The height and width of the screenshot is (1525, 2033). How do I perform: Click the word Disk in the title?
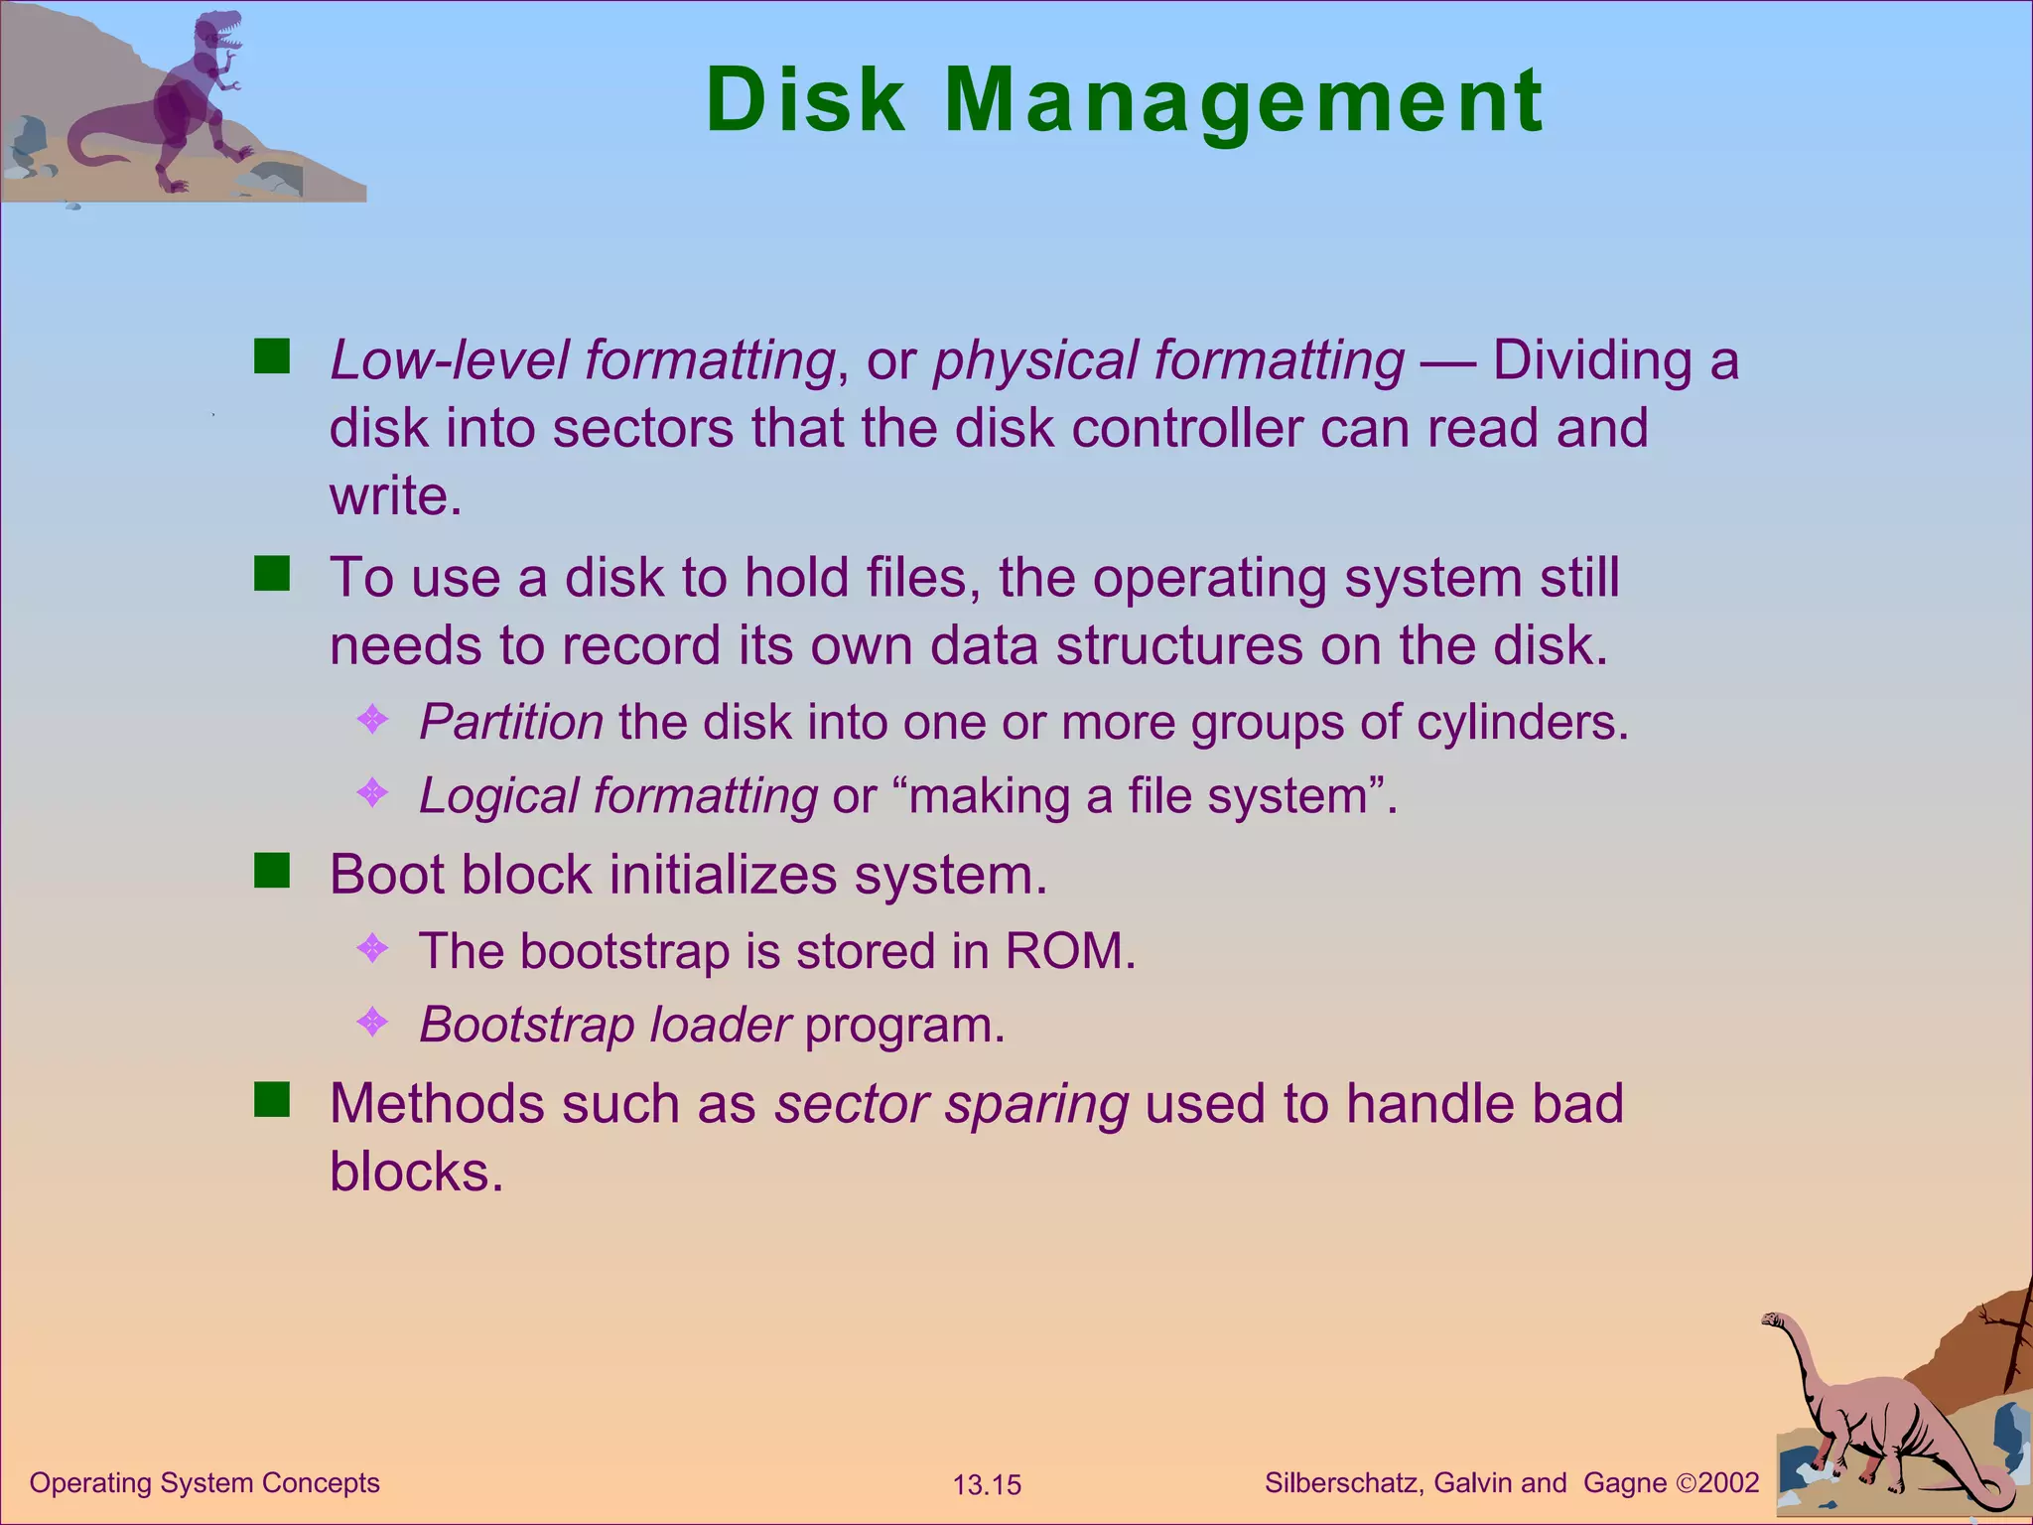click(805, 100)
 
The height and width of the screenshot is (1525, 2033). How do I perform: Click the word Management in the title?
click(1243, 102)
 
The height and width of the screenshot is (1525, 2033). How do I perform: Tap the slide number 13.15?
click(987, 1485)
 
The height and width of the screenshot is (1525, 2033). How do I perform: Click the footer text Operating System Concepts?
click(204, 1483)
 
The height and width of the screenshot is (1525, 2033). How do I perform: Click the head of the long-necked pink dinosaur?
click(1774, 1320)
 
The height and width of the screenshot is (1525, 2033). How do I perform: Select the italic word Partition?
click(511, 722)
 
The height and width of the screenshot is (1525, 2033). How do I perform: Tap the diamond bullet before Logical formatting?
click(372, 792)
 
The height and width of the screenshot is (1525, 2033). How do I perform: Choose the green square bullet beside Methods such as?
click(271, 1099)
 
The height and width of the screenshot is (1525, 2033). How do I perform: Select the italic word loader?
click(720, 1025)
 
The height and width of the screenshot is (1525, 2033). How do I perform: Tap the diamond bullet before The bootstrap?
click(372, 947)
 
